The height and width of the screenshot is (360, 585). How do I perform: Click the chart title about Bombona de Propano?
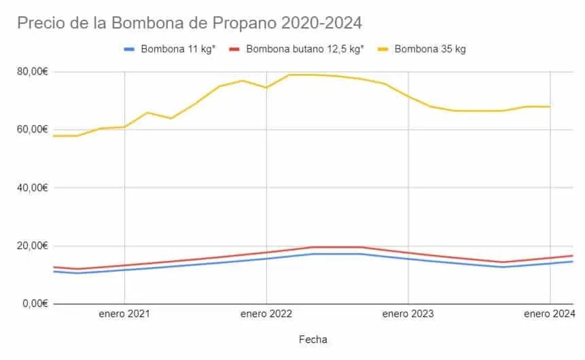pyautogui.click(x=190, y=22)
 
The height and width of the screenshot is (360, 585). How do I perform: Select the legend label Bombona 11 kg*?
pyautogui.click(x=178, y=49)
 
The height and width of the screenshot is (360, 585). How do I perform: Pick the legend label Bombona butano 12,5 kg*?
pyautogui.click(x=305, y=49)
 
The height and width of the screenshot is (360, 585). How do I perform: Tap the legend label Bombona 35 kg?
pyautogui.click(x=429, y=49)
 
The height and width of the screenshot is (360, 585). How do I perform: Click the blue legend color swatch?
pyautogui.click(x=129, y=49)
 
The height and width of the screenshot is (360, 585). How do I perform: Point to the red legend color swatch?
pyautogui.click(x=234, y=49)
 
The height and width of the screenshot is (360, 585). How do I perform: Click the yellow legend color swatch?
pyautogui.click(x=383, y=49)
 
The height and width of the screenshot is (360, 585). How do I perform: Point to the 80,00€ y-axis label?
pyautogui.click(x=33, y=71)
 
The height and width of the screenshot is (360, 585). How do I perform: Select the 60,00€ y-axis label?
pyautogui.click(x=33, y=129)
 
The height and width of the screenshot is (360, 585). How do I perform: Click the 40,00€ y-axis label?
pyautogui.click(x=33, y=187)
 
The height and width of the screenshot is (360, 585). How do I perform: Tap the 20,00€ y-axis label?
pyautogui.click(x=33, y=245)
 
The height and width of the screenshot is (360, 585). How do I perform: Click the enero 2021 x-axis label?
pyautogui.click(x=124, y=314)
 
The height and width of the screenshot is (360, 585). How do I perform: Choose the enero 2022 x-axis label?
pyautogui.click(x=266, y=314)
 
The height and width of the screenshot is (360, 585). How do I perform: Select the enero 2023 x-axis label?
pyautogui.click(x=408, y=314)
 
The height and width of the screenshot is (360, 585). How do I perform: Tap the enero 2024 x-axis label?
pyautogui.click(x=549, y=314)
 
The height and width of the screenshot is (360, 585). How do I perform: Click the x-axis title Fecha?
pyautogui.click(x=313, y=338)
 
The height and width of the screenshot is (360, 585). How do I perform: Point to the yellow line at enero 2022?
pyautogui.click(x=266, y=88)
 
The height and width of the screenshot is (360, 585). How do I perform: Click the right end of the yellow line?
pyautogui.click(x=549, y=107)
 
